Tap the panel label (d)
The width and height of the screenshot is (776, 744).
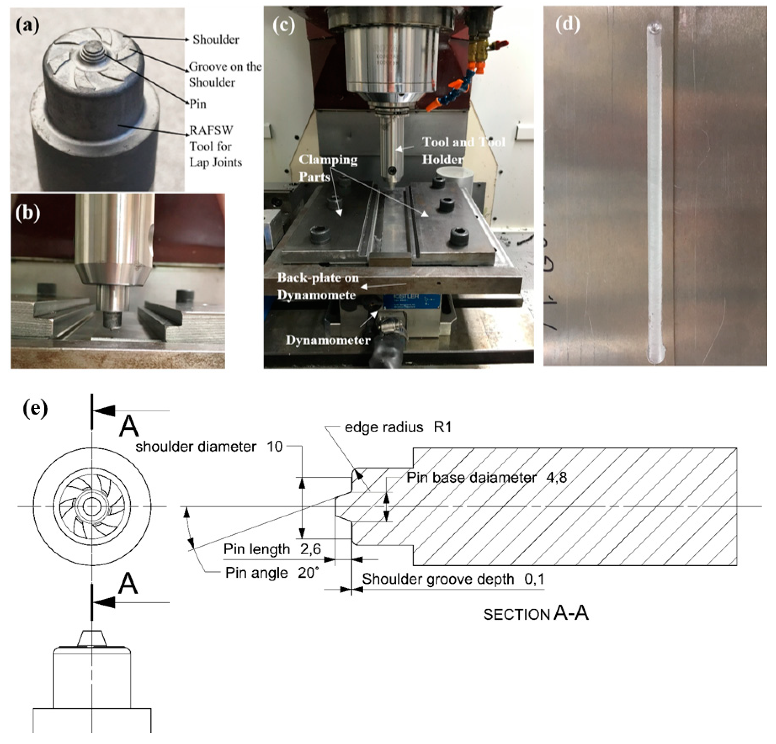[567, 25]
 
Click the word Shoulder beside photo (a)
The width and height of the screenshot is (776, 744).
[216, 40]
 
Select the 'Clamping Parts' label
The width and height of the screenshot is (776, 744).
[328, 168]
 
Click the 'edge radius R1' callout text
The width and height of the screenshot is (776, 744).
[397, 428]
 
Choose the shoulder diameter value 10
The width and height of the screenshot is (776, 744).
[274, 446]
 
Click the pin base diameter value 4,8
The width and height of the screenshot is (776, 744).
[556, 477]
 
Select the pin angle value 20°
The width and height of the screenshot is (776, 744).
[308, 573]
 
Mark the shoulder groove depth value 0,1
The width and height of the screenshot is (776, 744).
[534, 579]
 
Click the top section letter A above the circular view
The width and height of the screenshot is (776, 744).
[129, 427]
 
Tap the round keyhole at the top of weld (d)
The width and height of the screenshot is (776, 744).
[655, 28]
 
